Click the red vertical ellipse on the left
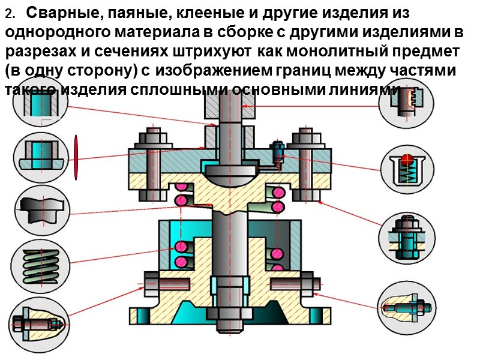76,157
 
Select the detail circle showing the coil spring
40,262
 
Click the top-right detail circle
407,101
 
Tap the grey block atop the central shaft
222,106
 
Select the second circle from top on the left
40,154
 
